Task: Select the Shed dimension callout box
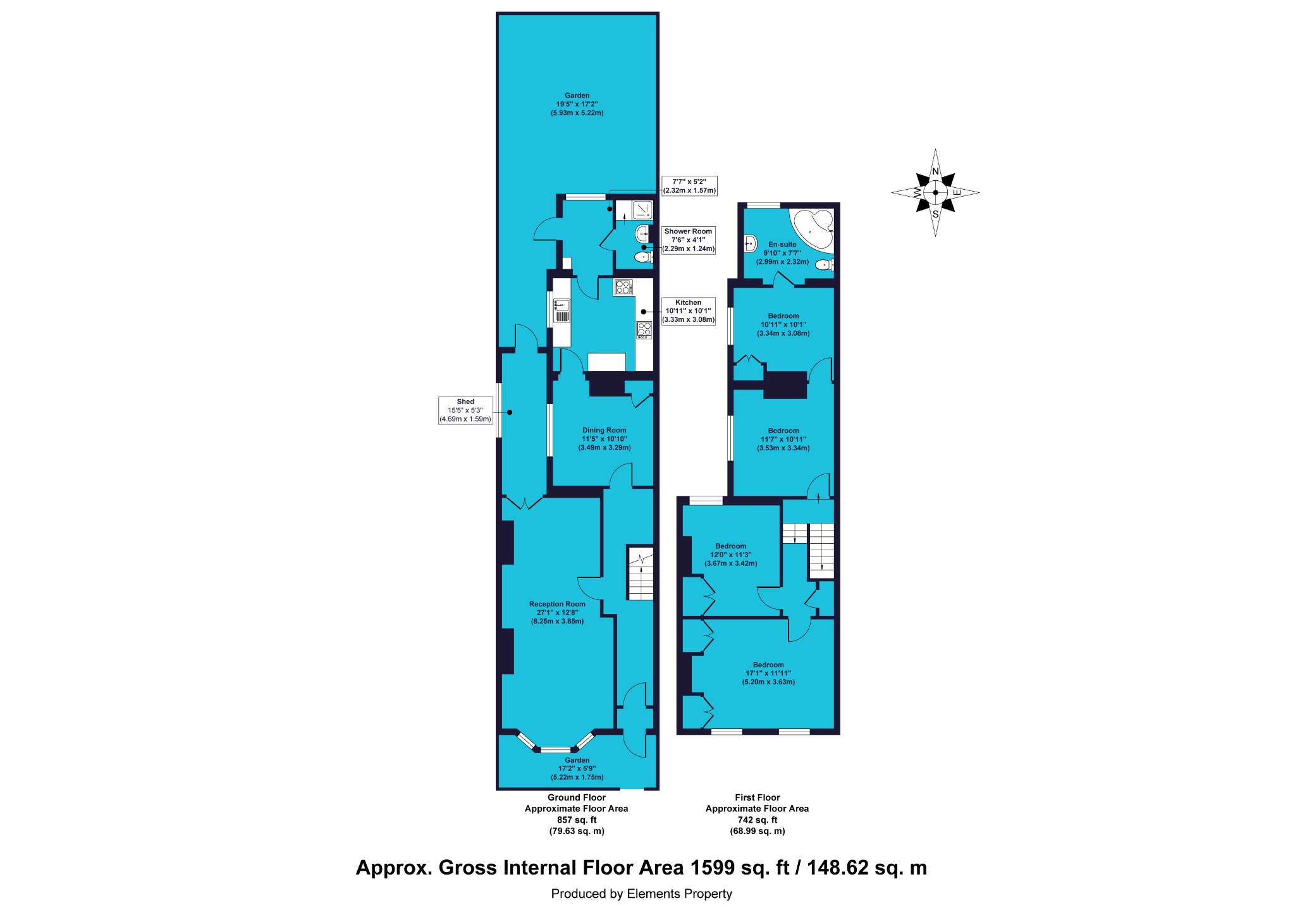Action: pyautogui.click(x=465, y=410)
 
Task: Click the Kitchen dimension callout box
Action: pyautogui.click(x=689, y=311)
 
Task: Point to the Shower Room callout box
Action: pyautogui.click(x=689, y=240)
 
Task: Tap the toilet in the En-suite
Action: pyautogui.click(x=824, y=265)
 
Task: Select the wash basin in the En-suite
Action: pyautogui.click(x=751, y=243)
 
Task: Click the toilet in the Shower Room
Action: pyautogui.click(x=644, y=257)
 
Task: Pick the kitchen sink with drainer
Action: pyautogui.click(x=562, y=310)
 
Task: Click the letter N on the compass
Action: pyautogui.click(x=935, y=172)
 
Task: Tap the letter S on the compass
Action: pyautogui.click(x=935, y=214)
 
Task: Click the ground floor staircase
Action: pyautogui.click(x=640, y=572)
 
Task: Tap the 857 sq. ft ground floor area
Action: pyautogui.click(x=577, y=820)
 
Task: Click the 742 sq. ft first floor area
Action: pyautogui.click(x=757, y=820)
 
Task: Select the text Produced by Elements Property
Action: pyautogui.click(x=641, y=894)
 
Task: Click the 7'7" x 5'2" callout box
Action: pyautogui.click(x=689, y=186)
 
